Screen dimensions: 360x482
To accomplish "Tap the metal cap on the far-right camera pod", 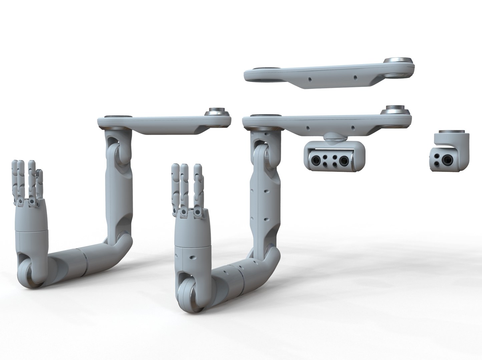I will click(x=452, y=132).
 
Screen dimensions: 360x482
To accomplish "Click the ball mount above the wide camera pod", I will click(x=333, y=137).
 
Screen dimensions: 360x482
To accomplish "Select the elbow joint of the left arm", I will click(x=120, y=243).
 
